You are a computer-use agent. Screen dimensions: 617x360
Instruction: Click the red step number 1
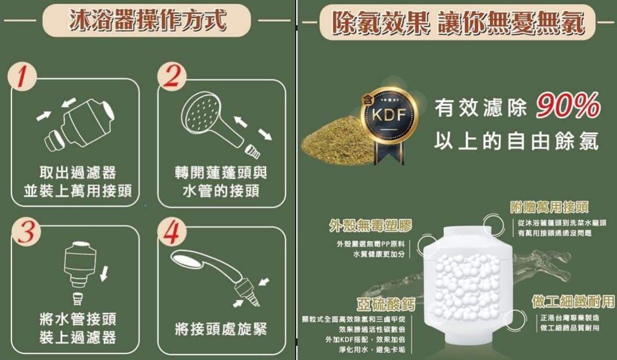[22, 76]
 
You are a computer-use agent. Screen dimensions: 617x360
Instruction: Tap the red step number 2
[172, 76]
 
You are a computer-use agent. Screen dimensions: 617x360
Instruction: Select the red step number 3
[26, 231]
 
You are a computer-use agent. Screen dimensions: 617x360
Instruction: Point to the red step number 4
[172, 232]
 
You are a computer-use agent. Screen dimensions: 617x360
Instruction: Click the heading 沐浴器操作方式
[148, 19]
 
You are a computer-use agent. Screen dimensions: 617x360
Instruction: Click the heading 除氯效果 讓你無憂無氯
[458, 23]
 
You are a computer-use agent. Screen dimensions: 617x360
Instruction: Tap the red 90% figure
[568, 105]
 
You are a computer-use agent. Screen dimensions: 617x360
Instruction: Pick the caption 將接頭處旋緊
[221, 329]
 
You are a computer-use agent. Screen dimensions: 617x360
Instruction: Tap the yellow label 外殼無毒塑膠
[370, 226]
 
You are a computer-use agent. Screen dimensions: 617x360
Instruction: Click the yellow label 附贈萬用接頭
[549, 207]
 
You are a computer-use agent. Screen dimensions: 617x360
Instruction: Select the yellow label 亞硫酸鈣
[386, 304]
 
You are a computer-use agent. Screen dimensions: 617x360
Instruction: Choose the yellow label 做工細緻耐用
[573, 301]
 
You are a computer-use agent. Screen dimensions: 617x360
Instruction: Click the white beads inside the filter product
[467, 285]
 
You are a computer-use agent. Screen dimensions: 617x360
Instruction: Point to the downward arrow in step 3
[104, 274]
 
